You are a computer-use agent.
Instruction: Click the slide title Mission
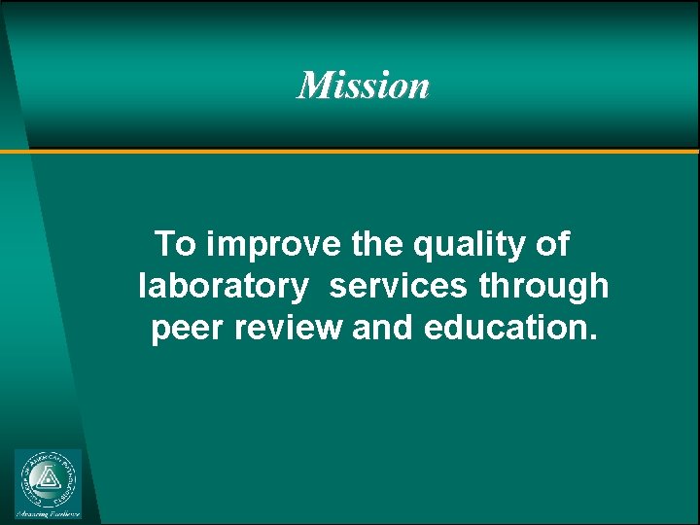(x=363, y=86)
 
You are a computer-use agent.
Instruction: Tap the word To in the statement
(x=175, y=243)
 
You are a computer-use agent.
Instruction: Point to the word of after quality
(x=552, y=243)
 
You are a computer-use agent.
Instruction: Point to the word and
(x=383, y=329)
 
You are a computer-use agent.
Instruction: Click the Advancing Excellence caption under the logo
(x=48, y=512)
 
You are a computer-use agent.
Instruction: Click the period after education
(x=592, y=337)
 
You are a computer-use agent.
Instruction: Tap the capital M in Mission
(x=314, y=86)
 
